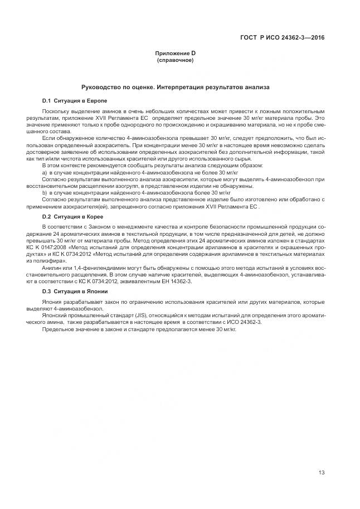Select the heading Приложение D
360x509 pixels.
tap(175, 53)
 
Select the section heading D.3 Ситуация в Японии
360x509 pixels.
tap(71, 292)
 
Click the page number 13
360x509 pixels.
tap(322, 473)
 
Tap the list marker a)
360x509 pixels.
tap(45, 173)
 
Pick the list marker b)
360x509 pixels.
tap(45, 192)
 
